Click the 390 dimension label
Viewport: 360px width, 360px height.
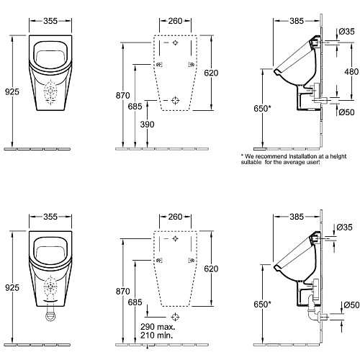tap(147, 125)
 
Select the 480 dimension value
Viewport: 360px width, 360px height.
tap(351, 71)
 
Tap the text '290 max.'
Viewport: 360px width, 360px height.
tap(158, 326)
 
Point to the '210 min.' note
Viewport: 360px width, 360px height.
tap(156, 335)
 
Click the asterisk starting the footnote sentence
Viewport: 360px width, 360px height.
tap(242, 156)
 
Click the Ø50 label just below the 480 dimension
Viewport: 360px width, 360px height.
tap(347, 112)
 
